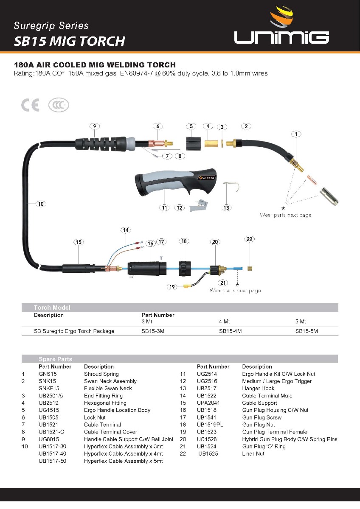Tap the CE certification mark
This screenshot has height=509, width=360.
tap(30, 105)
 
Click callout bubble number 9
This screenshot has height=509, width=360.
tap(95, 126)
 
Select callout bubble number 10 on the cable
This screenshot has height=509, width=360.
tap(41, 204)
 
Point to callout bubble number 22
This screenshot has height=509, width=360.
tap(250, 239)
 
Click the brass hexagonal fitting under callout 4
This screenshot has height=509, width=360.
tap(209, 142)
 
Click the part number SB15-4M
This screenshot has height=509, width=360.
tap(230, 331)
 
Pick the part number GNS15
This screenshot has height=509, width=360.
tap(48, 374)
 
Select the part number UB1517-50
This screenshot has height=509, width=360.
tap(52, 461)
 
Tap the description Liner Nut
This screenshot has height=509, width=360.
tap(253, 454)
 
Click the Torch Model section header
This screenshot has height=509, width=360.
tap(52, 308)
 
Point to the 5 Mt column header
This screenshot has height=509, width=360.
tap(300, 322)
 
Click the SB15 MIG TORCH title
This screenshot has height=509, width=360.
tap(70, 41)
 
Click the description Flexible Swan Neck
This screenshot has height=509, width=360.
tap(108, 389)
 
